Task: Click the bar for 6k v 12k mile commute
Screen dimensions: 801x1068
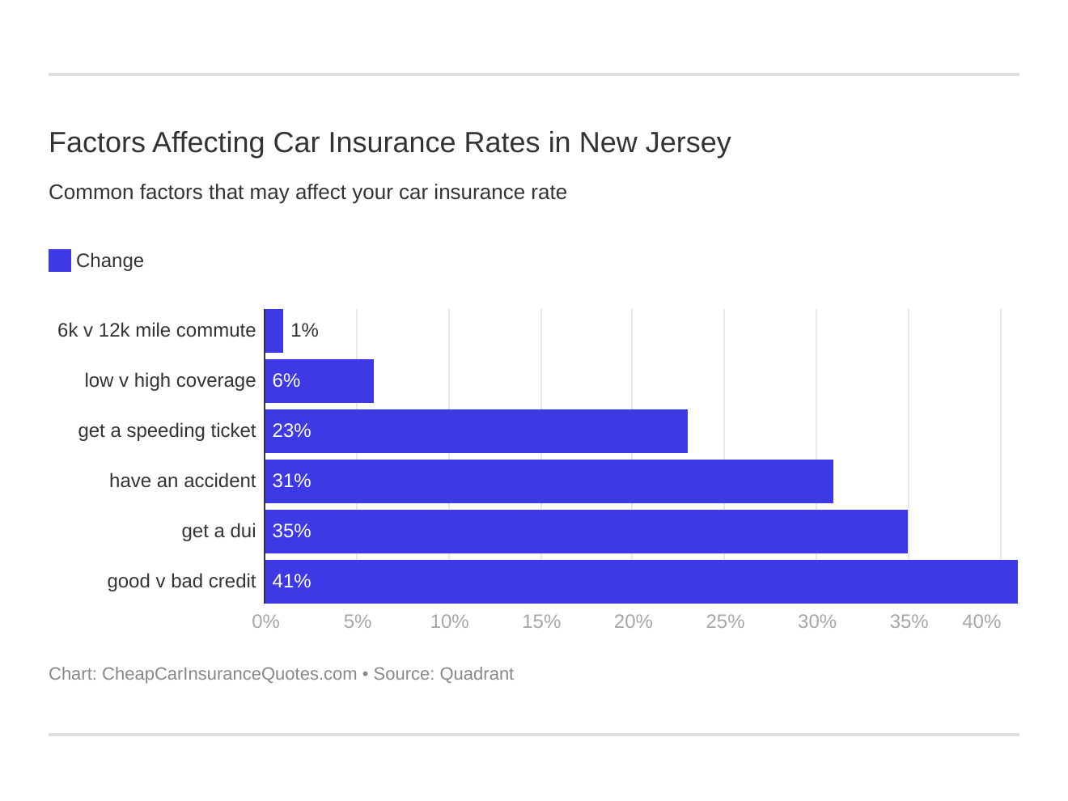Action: pos(274,331)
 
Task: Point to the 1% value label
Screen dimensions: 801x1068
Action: pos(304,330)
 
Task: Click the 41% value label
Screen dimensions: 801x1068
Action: pos(291,581)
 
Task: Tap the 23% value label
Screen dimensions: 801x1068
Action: pos(291,430)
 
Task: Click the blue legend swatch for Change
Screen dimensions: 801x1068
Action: pos(60,261)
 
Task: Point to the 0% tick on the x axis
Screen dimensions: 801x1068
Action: pos(265,621)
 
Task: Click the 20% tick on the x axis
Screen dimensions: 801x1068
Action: pos(633,621)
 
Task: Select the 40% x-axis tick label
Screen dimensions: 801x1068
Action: pos(981,621)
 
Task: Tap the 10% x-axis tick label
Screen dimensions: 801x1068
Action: pos(449,621)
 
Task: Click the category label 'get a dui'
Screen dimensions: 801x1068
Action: pos(218,531)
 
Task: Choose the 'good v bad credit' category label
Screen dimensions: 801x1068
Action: pos(181,581)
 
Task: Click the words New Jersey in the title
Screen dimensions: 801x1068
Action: pos(655,142)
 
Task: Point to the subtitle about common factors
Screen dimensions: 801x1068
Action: pos(307,192)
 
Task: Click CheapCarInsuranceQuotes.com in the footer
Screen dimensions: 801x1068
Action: pos(229,674)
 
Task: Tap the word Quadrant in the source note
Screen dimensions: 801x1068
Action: pos(477,674)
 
